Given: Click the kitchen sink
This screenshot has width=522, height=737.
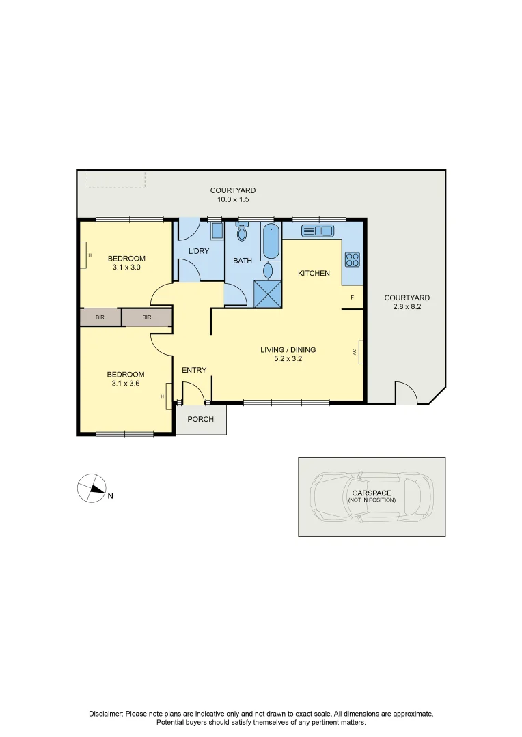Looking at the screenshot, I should tap(316, 231).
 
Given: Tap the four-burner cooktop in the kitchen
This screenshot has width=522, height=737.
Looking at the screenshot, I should tap(353, 259).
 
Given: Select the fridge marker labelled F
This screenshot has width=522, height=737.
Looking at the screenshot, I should tap(352, 298).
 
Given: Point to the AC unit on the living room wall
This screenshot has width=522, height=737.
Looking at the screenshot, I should tap(360, 352).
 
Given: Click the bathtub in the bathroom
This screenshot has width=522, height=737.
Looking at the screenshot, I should tap(271, 242).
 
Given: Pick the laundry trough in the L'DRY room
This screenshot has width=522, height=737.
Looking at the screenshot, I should tap(217, 231).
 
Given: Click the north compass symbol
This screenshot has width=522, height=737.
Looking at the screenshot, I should tap(91, 487).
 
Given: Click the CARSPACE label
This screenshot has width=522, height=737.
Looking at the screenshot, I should tap(372, 493).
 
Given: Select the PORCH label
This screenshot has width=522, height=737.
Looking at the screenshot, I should tap(200, 419).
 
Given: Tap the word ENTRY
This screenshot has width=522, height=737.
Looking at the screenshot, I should tap(194, 370).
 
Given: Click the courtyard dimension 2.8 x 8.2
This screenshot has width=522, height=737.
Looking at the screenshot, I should tap(407, 306).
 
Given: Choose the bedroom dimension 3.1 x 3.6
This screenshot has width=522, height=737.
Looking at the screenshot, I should tap(126, 383).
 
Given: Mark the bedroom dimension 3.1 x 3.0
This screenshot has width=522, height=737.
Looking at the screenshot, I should tap(126, 267).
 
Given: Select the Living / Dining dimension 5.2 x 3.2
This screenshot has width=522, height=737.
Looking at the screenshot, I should tap(288, 359).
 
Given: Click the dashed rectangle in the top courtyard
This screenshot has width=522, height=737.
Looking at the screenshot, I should tap(115, 179).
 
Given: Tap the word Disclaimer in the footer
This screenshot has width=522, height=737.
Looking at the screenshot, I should tap(106, 714).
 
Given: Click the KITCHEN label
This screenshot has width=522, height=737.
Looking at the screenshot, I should tap(314, 273).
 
